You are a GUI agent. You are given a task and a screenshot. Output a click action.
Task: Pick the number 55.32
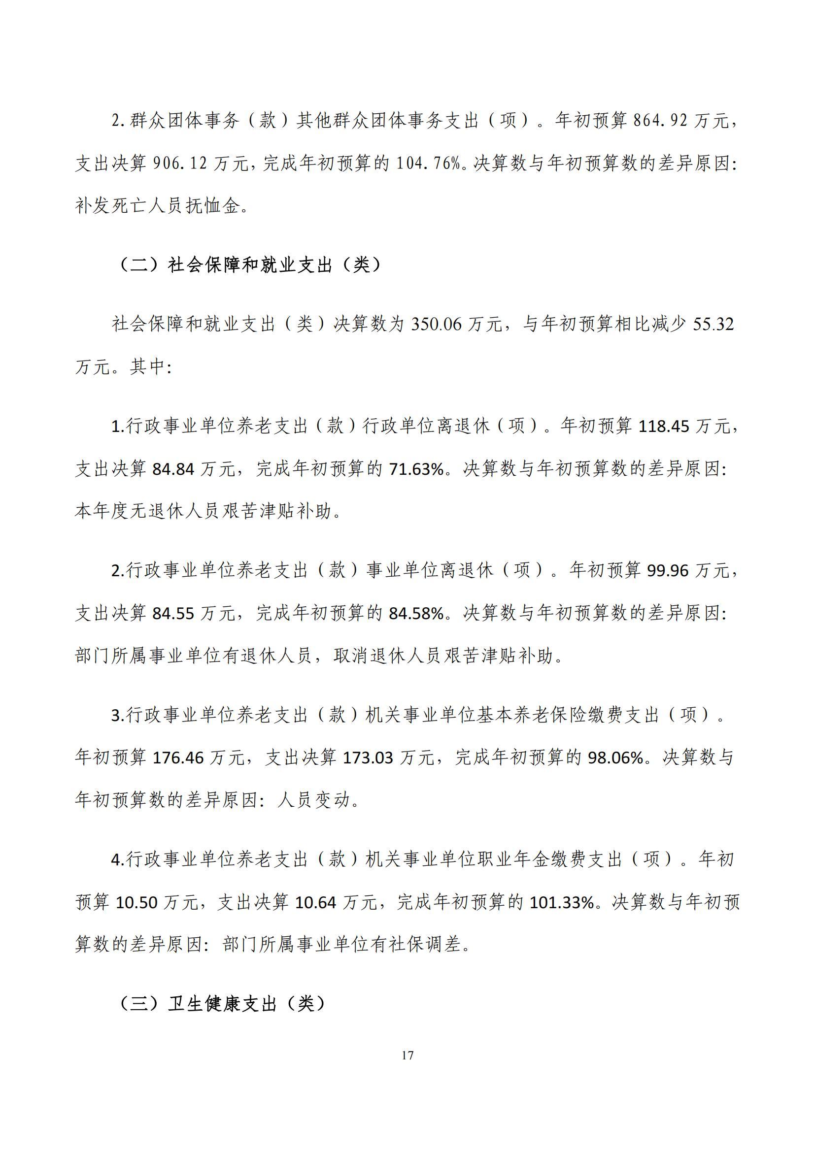pos(713,324)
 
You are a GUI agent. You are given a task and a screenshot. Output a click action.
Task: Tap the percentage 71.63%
pos(416,469)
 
